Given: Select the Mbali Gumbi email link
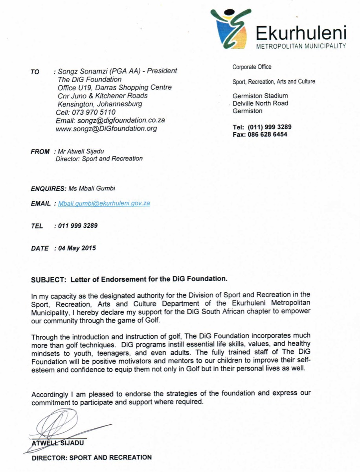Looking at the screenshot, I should (104, 203).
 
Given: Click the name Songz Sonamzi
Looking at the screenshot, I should (83, 71).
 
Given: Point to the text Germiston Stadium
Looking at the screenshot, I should (260, 96).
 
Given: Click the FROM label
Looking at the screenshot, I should (40, 151).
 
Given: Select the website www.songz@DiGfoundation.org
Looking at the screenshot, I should (107, 129).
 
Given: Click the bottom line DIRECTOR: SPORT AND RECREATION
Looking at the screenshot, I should (92, 458).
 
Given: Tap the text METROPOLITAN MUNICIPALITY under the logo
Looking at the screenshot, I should (301, 46).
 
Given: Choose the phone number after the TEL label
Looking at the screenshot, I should (78, 226).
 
